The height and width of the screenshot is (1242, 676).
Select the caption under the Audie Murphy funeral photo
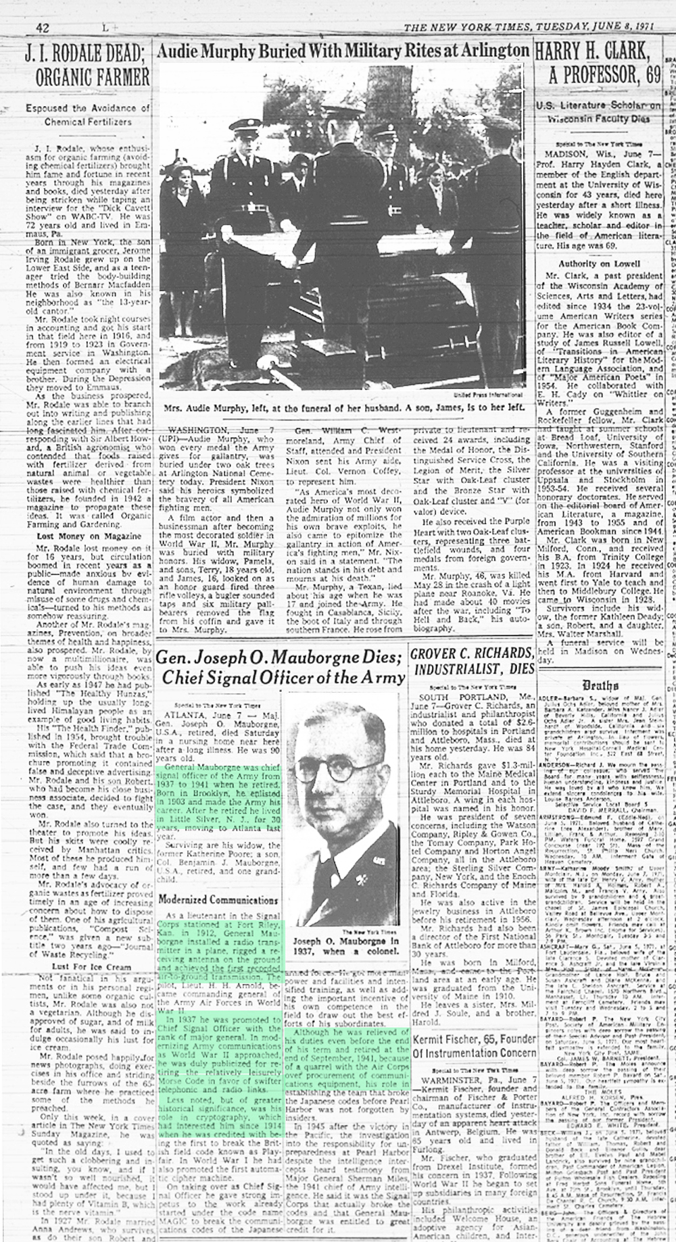[x=343, y=409]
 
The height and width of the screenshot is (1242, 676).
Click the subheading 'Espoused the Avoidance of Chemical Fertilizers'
[x=87, y=114]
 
